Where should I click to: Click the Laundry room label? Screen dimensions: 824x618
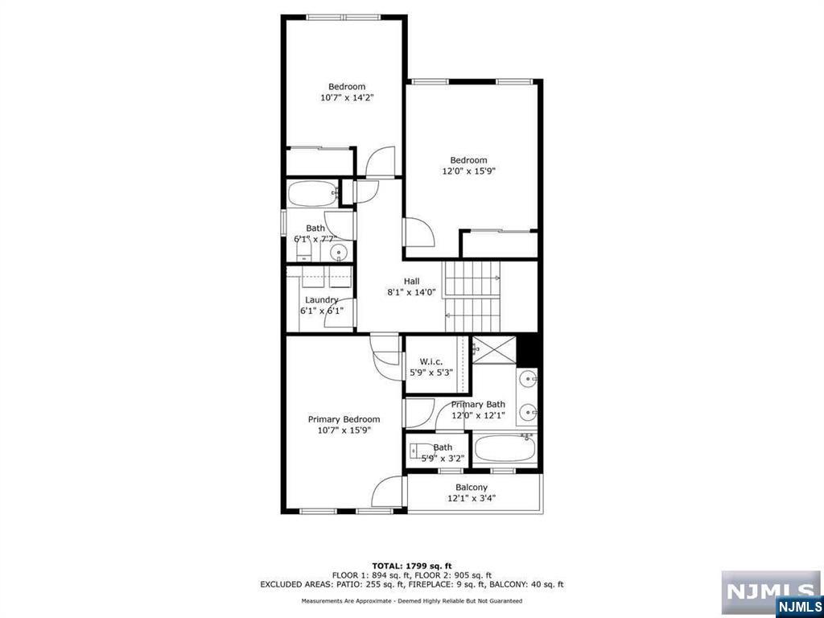point(322,300)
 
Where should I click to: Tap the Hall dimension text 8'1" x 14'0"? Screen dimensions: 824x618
point(411,293)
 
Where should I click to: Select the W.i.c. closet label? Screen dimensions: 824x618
point(431,361)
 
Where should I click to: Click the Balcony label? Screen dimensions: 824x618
point(472,487)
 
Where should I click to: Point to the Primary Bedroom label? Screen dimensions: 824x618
point(344,419)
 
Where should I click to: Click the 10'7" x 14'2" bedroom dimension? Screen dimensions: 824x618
point(347,97)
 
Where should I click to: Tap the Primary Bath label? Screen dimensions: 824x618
point(478,404)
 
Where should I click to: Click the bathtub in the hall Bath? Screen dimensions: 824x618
point(313,195)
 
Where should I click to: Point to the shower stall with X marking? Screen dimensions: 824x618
point(495,349)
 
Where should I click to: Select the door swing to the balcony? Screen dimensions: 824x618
point(387,492)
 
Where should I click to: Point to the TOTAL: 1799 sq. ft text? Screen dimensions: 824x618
point(412,566)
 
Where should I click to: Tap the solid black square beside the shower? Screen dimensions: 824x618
point(528,351)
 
